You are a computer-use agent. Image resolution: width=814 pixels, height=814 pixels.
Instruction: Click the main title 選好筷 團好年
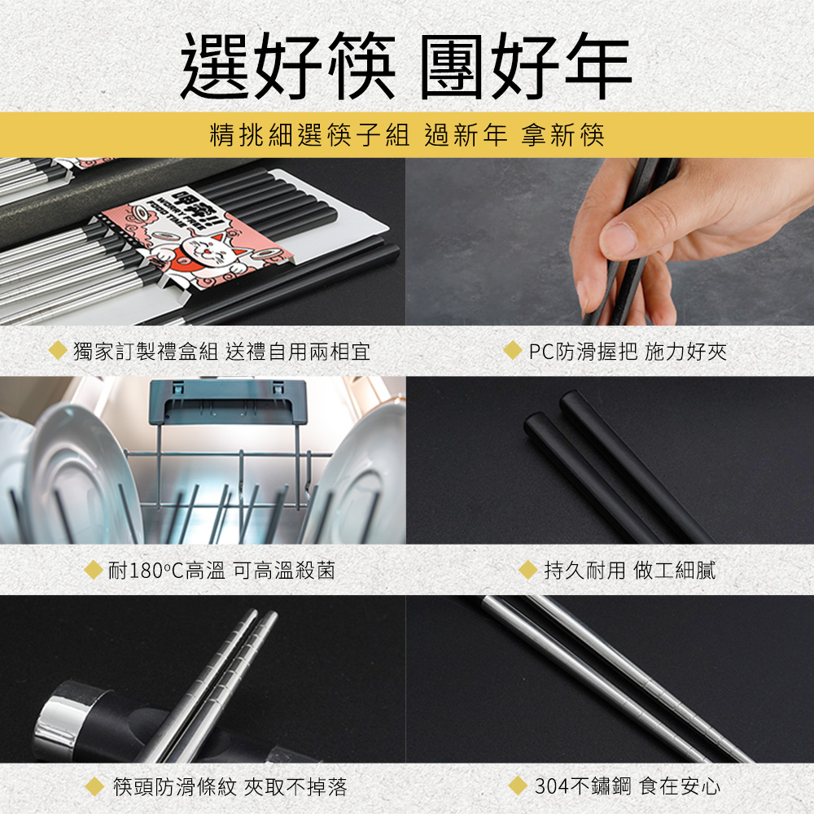[x=406, y=65]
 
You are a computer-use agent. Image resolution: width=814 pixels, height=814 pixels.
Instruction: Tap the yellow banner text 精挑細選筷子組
[x=310, y=135]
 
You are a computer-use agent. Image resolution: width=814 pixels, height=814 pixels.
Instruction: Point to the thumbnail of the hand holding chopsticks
[x=610, y=242]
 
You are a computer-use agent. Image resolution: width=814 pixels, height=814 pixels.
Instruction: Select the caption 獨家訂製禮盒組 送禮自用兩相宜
[x=221, y=352]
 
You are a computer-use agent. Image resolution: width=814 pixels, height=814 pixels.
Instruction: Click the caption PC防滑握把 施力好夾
[x=628, y=352]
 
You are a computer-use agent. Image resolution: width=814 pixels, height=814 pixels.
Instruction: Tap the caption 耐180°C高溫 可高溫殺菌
[x=221, y=571]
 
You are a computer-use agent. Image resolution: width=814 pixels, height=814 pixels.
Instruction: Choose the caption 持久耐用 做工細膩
[x=630, y=570]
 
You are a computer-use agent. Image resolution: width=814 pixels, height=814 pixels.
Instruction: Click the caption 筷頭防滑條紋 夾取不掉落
[x=230, y=786]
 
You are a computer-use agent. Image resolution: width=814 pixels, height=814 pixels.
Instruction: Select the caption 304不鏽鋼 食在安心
[x=628, y=786]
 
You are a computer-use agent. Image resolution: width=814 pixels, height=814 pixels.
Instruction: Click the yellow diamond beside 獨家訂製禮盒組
[x=58, y=350]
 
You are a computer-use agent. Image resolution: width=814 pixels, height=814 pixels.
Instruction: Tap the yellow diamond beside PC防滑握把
[x=512, y=350]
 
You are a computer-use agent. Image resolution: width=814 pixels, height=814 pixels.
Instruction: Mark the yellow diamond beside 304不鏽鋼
[x=518, y=786]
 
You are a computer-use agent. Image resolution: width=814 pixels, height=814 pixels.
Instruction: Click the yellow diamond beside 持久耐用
[x=528, y=570]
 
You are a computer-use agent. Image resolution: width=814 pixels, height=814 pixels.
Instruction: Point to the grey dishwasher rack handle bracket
[x=229, y=402]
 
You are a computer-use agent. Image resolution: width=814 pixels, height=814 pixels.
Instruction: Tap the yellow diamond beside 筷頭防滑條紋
[x=94, y=786]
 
